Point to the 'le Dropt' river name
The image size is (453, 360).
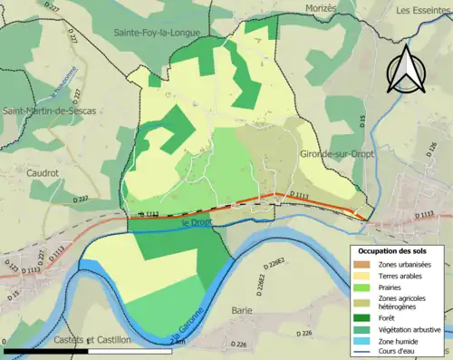198,222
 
